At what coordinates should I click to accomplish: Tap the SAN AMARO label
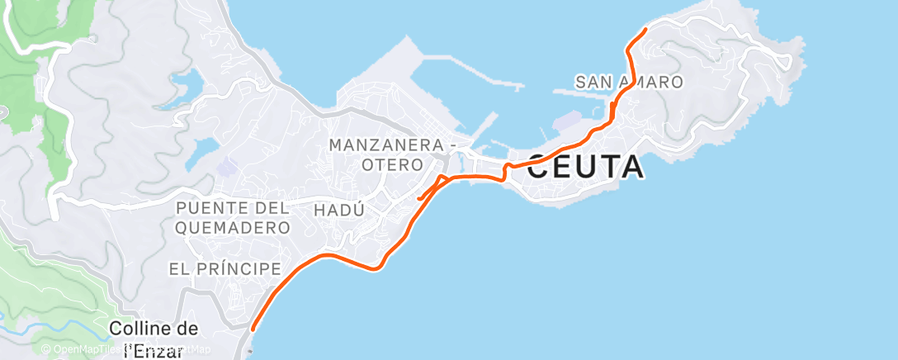point(629,82)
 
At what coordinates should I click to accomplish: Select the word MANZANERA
point(385,144)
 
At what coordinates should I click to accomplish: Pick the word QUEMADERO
point(233,226)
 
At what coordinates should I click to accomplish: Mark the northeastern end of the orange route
point(645,30)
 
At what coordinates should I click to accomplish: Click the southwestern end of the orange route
point(252,328)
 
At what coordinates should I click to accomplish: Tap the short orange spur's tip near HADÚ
point(419,198)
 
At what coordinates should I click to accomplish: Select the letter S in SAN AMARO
point(581,82)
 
